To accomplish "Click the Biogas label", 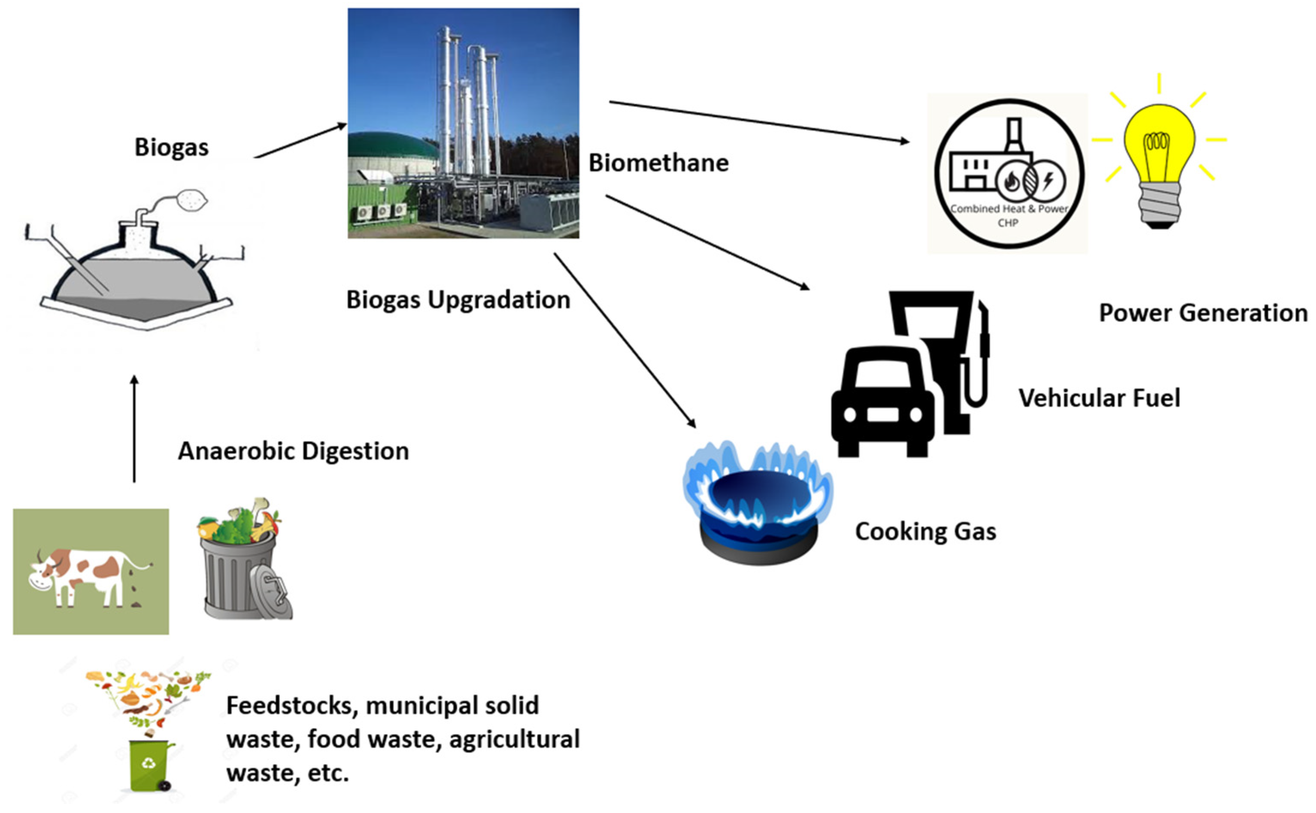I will pyautogui.click(x=171, y=147).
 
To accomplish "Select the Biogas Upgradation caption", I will pyautogui.click(x=458, y=300).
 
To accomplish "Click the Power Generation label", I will pyautogui.click(x=1203, y=313).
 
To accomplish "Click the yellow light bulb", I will pyautogui.click(x=1159, y=161).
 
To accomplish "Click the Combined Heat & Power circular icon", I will pyautogui.click(x=1008, y=173).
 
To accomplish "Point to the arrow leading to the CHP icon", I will pyautogui.click(x=758, y=121).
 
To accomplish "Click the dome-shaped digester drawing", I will pyautogui.click(x=137, y=274).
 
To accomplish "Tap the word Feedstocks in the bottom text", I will pyautogui.click(x=289, y=705).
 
